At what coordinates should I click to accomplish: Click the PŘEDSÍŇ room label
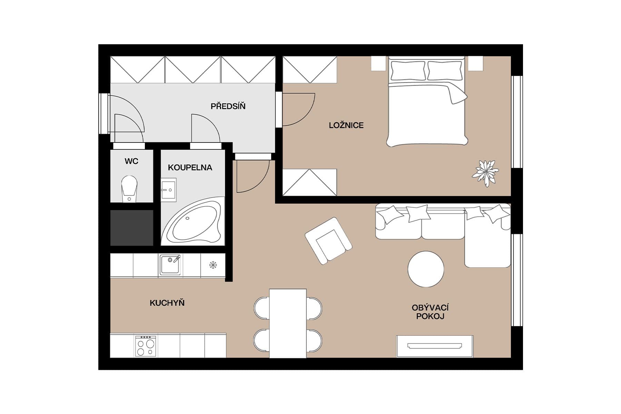[x=228, y=106]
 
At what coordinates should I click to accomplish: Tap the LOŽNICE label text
[x=346, y=125]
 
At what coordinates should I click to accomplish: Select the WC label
[x=131, y=161]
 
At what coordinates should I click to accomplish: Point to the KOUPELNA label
[x=190, y=168]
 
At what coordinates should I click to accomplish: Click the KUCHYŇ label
[x=167, y=303]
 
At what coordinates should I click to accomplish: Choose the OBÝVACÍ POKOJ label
[x=430, y=312]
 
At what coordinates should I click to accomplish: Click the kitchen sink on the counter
[x=170, y=265]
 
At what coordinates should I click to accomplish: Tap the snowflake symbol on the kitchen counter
[x=213, y=265]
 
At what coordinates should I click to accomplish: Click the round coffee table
[x=426, y=269]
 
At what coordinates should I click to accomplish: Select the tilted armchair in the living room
[x=328, y=240]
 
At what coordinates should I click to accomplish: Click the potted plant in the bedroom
[x=485, y=173]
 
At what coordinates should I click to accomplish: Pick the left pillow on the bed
[x=408, y=71]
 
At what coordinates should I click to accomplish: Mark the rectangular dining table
[x=288, y=323]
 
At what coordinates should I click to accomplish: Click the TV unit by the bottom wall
[x=435, y=346]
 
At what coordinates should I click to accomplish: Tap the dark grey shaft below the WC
[x=131, y=228]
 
